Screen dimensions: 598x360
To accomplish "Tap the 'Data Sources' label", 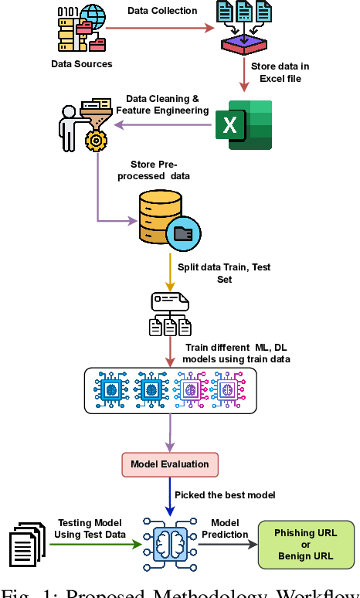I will (x=81, y=64).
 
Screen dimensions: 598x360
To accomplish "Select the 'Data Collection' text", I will (x=163, y=11).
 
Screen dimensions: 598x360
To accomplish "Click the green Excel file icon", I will (x=243, y=124).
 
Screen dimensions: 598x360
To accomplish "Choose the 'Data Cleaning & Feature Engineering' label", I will (x=162, y=105).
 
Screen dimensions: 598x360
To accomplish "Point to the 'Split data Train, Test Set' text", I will (x=223, y=272).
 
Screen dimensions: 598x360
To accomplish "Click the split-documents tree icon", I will (x=168, y=315).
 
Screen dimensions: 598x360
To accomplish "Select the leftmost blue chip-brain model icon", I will (x=110, y=389).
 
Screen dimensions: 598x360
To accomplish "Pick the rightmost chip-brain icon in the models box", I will (x=227, y=389).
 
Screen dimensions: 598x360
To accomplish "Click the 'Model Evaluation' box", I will (x=169, y=464).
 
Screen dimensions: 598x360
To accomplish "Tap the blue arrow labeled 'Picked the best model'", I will (x=169, y=494).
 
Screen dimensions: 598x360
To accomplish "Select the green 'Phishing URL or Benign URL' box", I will (x=306, y=545).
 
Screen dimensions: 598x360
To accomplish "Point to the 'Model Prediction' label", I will (x=226, y=528).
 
